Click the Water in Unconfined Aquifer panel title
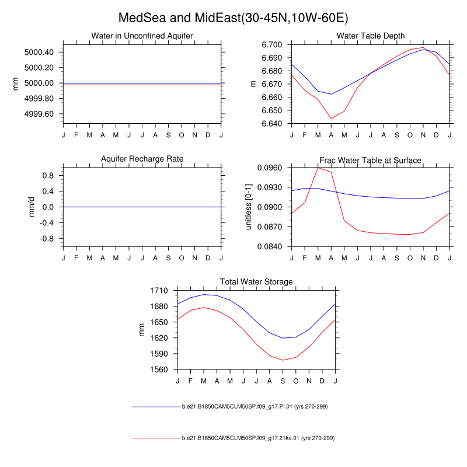[142, 36]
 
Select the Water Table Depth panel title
[371, 36]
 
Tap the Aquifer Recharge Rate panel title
[142, 159]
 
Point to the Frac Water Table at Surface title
[370, 160]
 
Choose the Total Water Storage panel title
[256, 282]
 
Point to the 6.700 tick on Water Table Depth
[271, 45]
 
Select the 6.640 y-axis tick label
[271, 124]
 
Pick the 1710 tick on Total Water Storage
[159, 291]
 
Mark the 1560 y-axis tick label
[159, 370]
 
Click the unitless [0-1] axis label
[249, 207]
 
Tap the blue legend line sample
[156, 406]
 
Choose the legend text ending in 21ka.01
[258, 438]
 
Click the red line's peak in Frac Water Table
[318, 168]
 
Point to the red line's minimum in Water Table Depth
[331, 119]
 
